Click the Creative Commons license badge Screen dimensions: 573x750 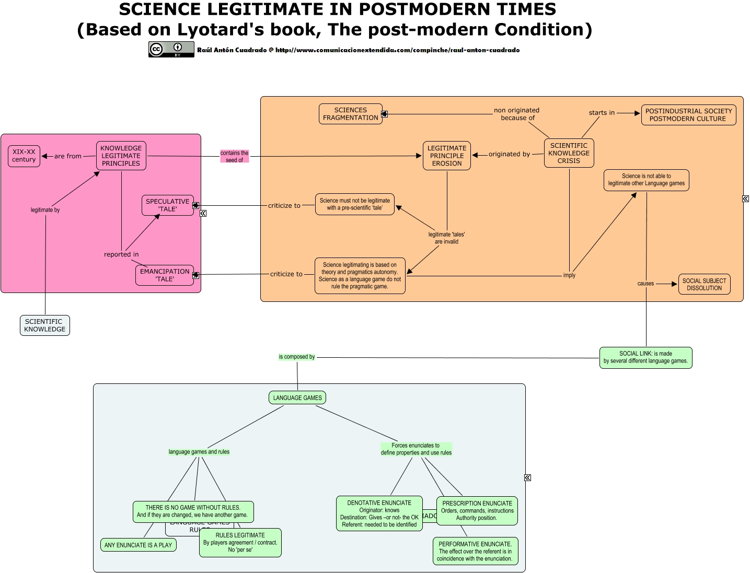point(171,50)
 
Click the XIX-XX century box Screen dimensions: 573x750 point(24,156)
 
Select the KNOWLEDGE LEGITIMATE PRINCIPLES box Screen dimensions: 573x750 point(121,156)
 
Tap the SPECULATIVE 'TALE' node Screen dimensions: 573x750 point(167,205)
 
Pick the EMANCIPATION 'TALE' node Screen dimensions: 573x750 point(164,275)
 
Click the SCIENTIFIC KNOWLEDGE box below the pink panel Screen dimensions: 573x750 point(45,325)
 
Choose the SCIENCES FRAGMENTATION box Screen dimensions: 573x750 point(350,114)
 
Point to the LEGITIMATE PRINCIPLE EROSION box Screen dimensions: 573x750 point(447,156)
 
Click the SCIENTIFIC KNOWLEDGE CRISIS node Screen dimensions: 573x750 point(569,153)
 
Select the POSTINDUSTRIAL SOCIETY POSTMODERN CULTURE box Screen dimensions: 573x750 point(688,115)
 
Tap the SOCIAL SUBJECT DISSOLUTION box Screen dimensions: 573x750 point(704,284)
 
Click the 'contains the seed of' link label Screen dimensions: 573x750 point(234,157)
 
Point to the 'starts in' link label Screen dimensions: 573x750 point(602,113)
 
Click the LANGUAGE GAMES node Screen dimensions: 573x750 point(297,398)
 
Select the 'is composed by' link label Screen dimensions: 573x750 point(297,357)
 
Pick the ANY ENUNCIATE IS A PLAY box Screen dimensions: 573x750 point(138,545)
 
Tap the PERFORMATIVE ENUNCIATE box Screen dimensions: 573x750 point(475,551)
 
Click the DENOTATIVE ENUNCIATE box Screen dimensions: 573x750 point(379,513)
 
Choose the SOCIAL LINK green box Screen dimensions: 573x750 point(645,358)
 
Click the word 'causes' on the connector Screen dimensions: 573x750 point(645,284)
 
